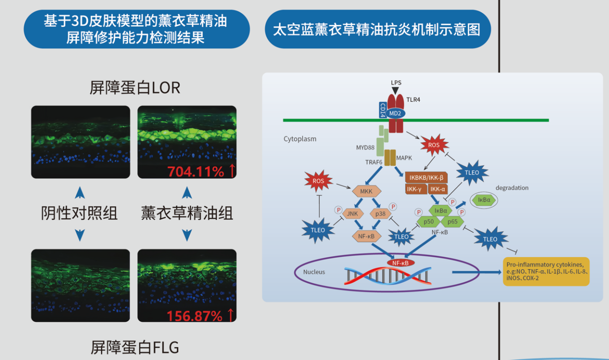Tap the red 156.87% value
point(194,315)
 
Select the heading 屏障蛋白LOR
point(135,88)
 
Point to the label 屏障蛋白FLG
point(135,347)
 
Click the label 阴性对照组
point(80,213)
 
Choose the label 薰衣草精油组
point(187,213)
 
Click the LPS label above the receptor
point(396,83)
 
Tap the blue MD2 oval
point(394,113)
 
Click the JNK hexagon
point(353,214)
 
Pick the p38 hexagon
point(381,214)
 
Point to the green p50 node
point(428,221)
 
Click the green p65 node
point(452,221)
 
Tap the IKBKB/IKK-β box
point(426,177)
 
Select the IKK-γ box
point(415,189)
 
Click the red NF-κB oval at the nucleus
point(400,263)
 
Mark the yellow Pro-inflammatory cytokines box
point(546,271)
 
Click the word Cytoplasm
point(300,139)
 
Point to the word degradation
point(512,188)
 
